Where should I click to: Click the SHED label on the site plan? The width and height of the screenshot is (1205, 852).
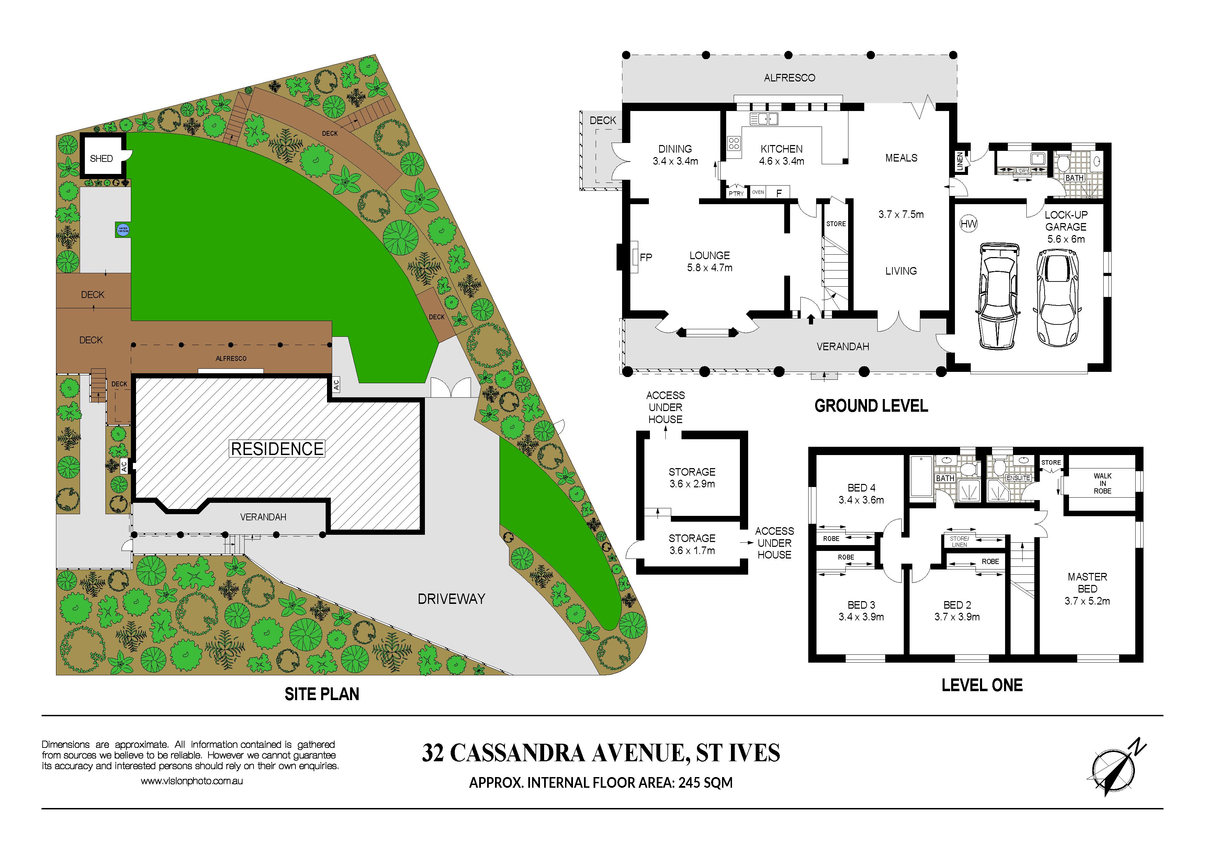[x=101, y=158]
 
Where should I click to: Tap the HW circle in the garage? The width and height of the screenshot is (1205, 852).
[x=968, y=224]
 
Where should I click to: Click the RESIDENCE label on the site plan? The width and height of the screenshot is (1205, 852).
[x=278, y=449]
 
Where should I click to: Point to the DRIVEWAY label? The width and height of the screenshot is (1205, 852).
[x=451, y=599]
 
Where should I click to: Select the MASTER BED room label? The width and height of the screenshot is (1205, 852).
[x=1088, y=583]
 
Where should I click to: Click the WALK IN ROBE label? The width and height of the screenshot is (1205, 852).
[x=1103, y=484]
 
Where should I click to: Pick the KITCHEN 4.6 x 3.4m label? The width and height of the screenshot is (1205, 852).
[x=781, y=155]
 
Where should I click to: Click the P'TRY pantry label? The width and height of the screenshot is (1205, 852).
[x=736, y=194]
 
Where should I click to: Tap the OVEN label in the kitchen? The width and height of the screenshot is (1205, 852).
[x=758, y=192]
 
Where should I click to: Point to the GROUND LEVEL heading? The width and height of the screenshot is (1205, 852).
[x=871, y=406]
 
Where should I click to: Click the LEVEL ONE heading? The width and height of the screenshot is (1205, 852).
[x=982, y=685]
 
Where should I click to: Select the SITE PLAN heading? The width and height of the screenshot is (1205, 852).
[x=322, y=694]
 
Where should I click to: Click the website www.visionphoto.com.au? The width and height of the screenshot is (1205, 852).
[x=192, y=781]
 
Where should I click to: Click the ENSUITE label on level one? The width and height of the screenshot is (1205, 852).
[x=1018, y=478]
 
